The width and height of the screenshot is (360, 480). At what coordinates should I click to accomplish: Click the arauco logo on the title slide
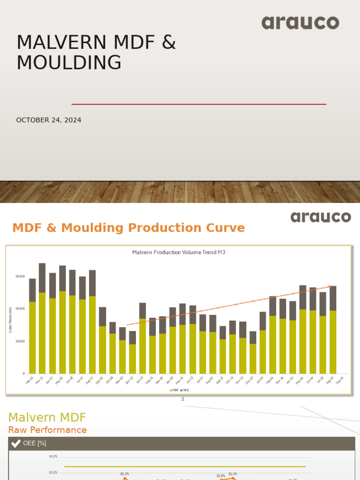(x=300, y=22)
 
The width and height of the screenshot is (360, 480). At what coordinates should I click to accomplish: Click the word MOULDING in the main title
(x=68, y=63)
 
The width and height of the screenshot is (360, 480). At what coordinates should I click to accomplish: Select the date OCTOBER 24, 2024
(x=49, y=120)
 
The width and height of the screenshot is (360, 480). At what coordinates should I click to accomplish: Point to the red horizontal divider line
(x=199, y=104)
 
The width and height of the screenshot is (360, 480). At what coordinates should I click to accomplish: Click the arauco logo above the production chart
(x=320, y=217)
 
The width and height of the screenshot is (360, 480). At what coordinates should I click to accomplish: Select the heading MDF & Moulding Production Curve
(x=128, y=228)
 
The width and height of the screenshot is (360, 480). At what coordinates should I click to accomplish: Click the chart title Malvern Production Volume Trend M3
(x=179, y=252)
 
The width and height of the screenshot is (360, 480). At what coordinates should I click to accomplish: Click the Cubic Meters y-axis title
(x=10, y=320)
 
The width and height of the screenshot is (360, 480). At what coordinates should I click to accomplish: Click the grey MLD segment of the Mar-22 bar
(x=42, y=277)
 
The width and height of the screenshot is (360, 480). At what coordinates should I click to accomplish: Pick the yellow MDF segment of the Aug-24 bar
(x=333, y=342)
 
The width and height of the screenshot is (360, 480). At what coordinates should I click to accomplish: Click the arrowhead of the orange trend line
(x=330, y=286)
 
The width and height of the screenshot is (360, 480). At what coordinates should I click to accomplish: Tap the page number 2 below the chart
(x=183, y=399)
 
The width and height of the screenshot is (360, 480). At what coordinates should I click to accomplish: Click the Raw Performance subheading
(x=47, y=430)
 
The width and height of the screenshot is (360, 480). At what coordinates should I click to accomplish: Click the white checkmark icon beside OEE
(x=15, y=443)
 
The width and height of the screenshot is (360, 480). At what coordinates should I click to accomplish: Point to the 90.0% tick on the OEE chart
(x=53, y=457)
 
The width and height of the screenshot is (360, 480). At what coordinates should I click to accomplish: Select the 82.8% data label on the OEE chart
(x=221, y=476)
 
